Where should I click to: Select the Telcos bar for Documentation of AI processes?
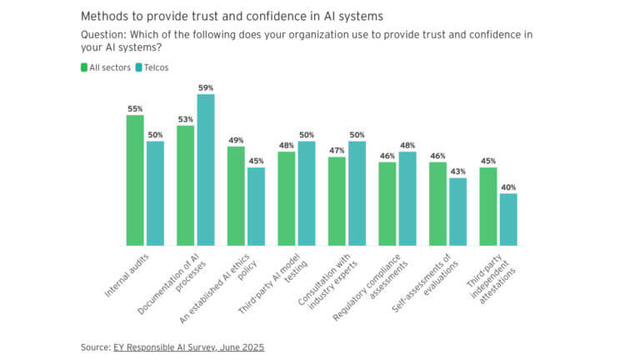[x=206, y=170]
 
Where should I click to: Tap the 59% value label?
[x=206, y=87]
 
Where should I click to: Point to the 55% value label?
[x=135, y=108]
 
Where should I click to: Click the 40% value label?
[x=508, y=187]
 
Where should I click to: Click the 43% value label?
[x=457, y=172]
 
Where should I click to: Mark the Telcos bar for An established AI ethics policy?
[x=256, y=207]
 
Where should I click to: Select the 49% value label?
[x=236, y=140]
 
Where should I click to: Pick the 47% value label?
[x=337, y=151]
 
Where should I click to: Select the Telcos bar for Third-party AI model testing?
[x=307, y=193]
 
